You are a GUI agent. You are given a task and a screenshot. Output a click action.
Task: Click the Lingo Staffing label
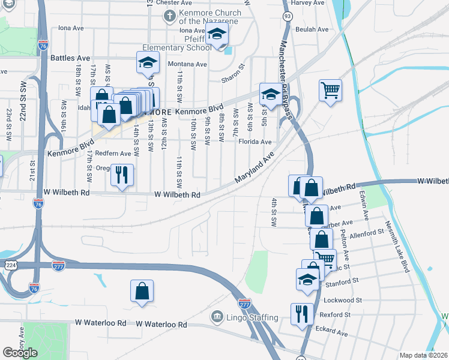pyautogui.click(x=252, y=317)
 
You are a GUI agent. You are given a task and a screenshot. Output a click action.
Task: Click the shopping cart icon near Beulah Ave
pyautogui.click(x=330, y=91)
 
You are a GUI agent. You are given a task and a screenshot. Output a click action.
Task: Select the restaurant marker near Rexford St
pyautogui.click(x=301, y=314)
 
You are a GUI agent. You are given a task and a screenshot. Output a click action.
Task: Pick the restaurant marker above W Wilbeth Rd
pyautogui.click(x=122, y=175)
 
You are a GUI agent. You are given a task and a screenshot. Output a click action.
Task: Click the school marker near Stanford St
pyautogui.click(x=308, y=280)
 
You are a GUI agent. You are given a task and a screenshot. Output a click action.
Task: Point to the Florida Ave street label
pyautogui.click(x=255, y=142)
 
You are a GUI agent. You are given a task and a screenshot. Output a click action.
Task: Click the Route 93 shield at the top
pyautogui.click(x=288, y=15)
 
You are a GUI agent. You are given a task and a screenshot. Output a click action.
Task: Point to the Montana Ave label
pyautogui.click(x=187, y=64)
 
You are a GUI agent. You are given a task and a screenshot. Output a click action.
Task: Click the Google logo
pyautogui.click(x=20, y=353)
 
